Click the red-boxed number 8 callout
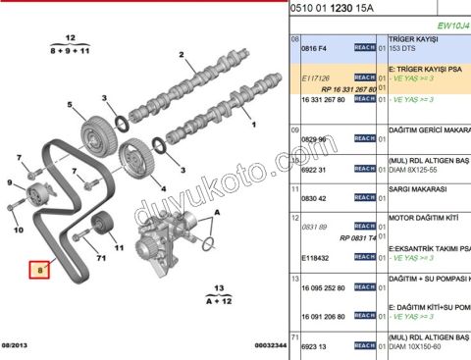tap(40, 267)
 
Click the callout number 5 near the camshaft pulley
tap(70, 105)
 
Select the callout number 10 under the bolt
tap(17, 231)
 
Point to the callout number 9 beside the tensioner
tap(9, 183)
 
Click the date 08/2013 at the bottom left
tap(17, 345)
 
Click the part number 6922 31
tap(314, 170)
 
